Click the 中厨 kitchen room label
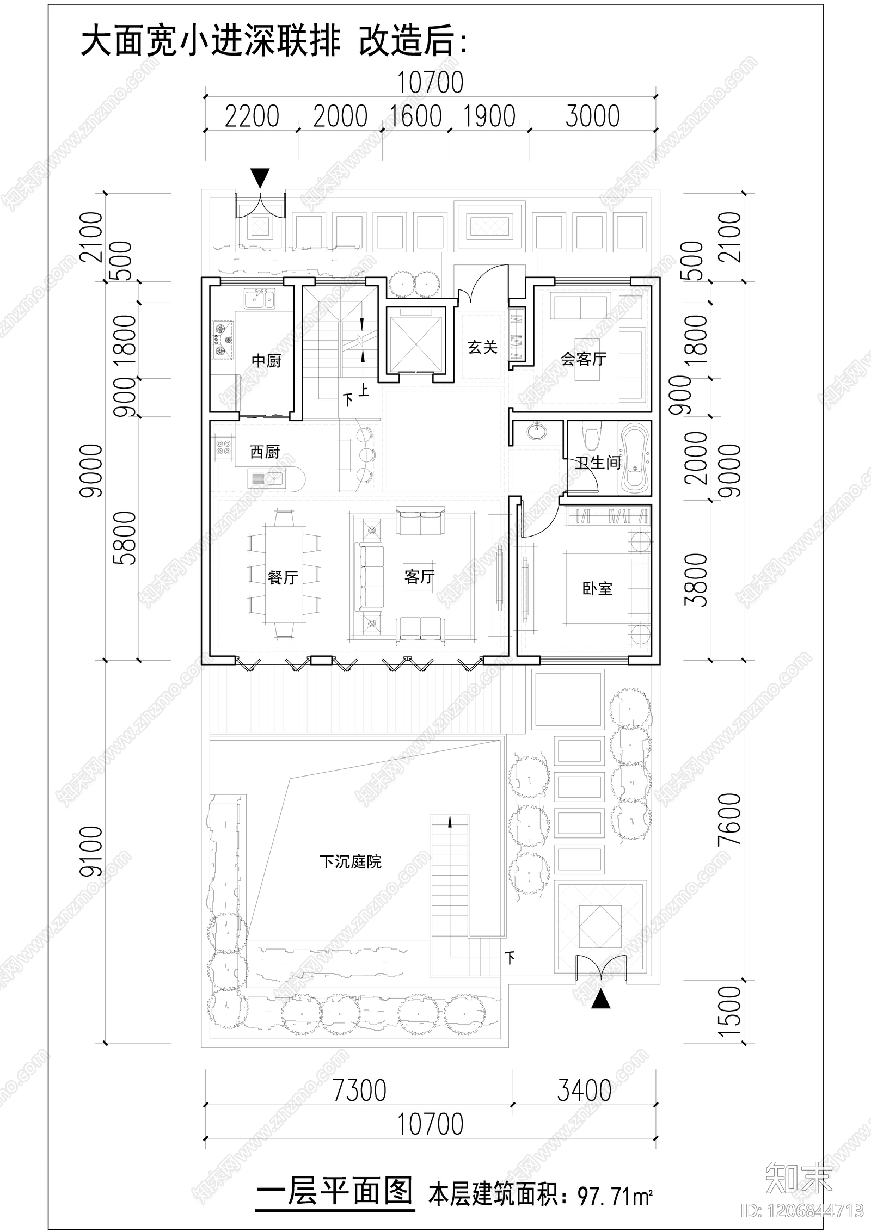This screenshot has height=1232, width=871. pyautogui.click(x=266, y=361)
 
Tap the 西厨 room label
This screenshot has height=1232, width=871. pyautogui.click(x=265, y=452)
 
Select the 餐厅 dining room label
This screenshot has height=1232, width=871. pyautogui.click(x=283, y=577)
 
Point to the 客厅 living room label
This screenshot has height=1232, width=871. pyautogui.click(x=419, y=576)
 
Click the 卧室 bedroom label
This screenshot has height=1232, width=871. pyautogui.click(x=597, y=589)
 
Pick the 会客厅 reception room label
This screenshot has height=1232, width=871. pyautogui.click(x=584, y=359)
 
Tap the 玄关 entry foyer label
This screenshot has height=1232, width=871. pyautogui.click(x=482, y=347)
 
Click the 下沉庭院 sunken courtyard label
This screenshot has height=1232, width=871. pyautogui.click(x=350, y=862)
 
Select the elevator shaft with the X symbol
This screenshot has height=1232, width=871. pyautogui.click(x=416, y=341)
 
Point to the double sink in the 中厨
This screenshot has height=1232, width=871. pyautogui.click(x=260, y=299)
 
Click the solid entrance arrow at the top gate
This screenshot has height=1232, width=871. pyautogui.click(x=260, y=177)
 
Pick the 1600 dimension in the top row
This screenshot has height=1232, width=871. pyautogui.click(x=416, y=116)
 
